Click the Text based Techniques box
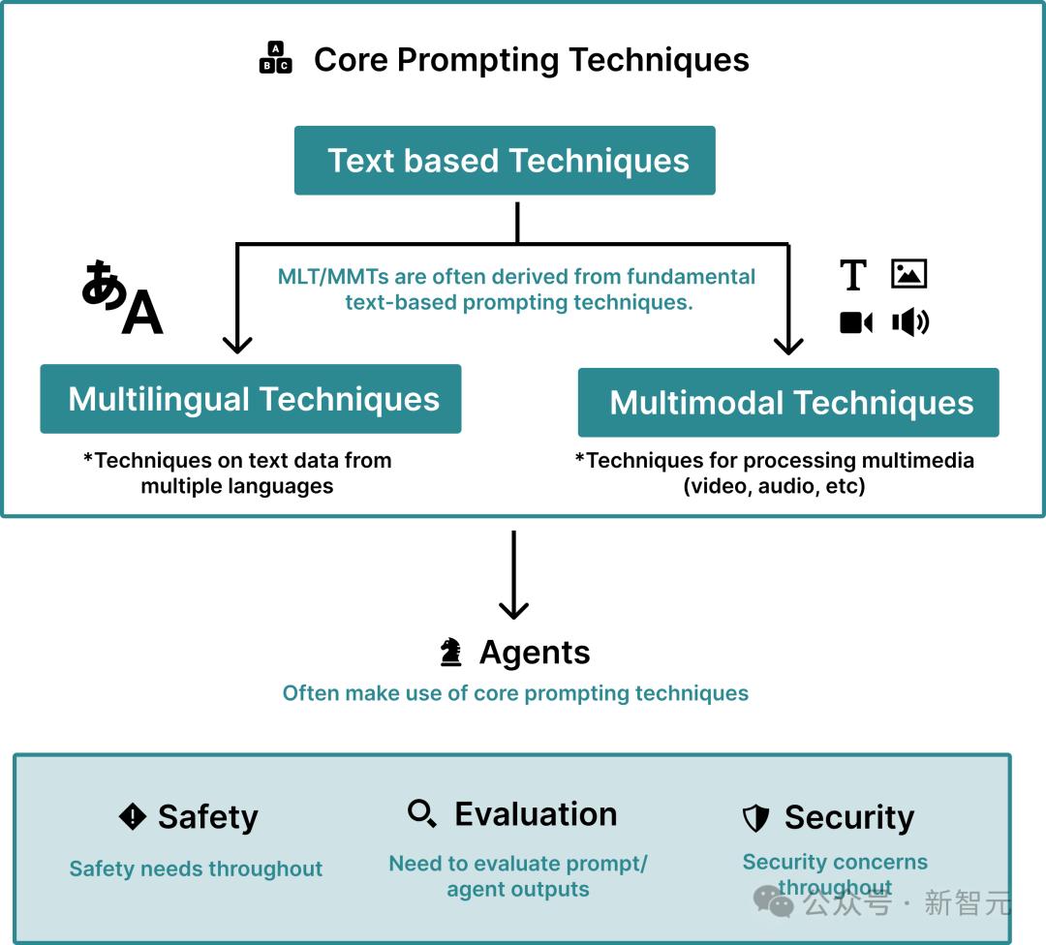coord(505,160)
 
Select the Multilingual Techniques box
coord(250,399)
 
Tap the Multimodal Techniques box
coord(787,402)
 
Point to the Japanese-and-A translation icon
coord(122,297)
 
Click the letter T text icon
coord(853,275)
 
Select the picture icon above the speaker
coord(908,273)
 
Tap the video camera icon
coord(856,322)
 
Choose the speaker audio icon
coord(910,322)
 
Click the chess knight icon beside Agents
coord(450,653)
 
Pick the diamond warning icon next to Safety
coord(132,816)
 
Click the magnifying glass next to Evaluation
coord(422,813)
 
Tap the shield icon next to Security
coord(755,817)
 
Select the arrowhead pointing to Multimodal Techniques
coord(788,346)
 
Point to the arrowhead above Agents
coord(513,610)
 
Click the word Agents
coord(535,653)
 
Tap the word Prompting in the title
coord(477,60)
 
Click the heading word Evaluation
coord(536,813)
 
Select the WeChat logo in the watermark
coord(773,901)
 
